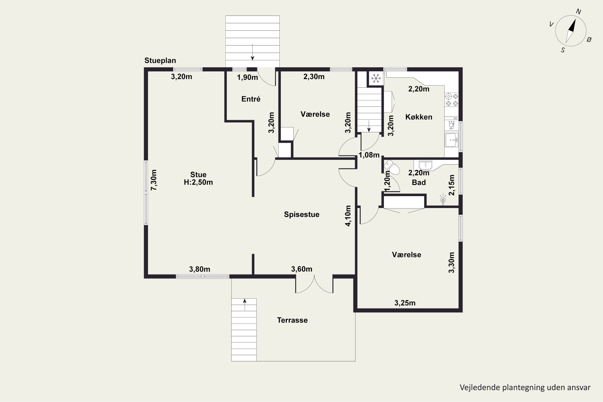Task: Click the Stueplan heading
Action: point(160,61)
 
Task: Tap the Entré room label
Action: point(251,99)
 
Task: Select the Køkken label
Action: point(419,117)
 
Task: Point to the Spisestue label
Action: point(301,215)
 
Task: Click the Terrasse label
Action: point(292,320)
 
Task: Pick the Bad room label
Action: point(419,183)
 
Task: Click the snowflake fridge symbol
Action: point(376,78)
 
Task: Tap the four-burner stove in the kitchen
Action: point(452,100)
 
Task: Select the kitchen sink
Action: point(451,140)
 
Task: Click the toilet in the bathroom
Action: point(392,167)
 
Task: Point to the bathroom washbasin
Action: point(425,165)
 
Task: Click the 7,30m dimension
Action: point(154,180)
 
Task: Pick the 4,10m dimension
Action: point(348,216)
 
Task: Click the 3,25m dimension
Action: point(405,303)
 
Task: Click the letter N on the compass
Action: point(578,11)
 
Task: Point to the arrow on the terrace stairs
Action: point(245,305)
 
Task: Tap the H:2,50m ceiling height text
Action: point(198,182)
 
